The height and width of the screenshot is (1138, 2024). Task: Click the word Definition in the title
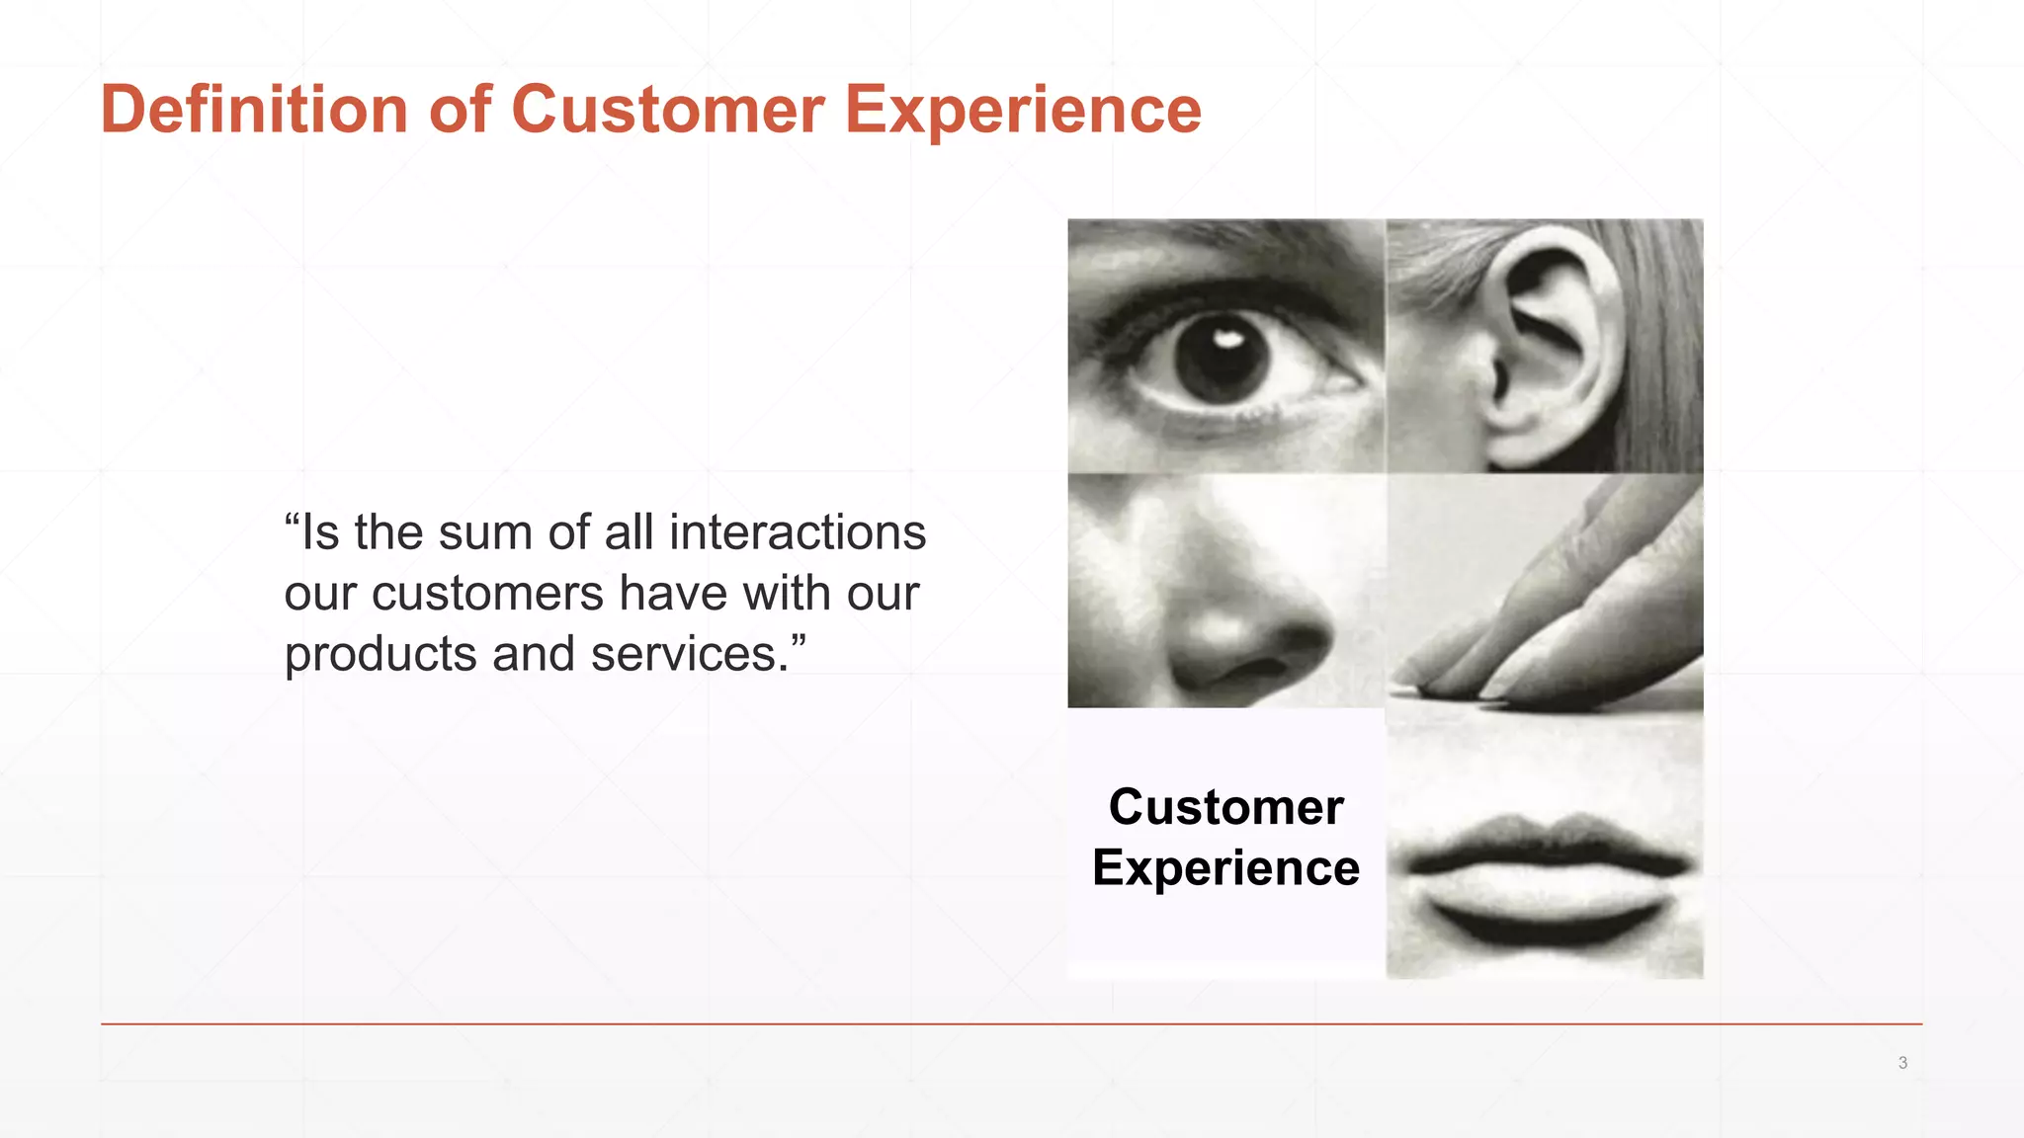click(254, 109)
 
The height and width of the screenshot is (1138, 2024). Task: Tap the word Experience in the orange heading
click(1023, 109)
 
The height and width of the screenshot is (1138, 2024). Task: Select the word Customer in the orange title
click(667, 109)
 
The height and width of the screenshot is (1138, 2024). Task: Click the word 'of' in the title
click(460, 109)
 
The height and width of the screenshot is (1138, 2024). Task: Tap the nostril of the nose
click(1247, 672)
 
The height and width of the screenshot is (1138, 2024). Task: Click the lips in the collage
click(1547, 879)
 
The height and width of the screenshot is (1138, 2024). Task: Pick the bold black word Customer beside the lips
click(1225, 807)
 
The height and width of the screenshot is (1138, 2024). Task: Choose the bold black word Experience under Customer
click(1225, 868)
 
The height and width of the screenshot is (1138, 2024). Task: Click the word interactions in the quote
click(798, 532)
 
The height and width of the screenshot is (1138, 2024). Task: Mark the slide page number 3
click(1902, 1063)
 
